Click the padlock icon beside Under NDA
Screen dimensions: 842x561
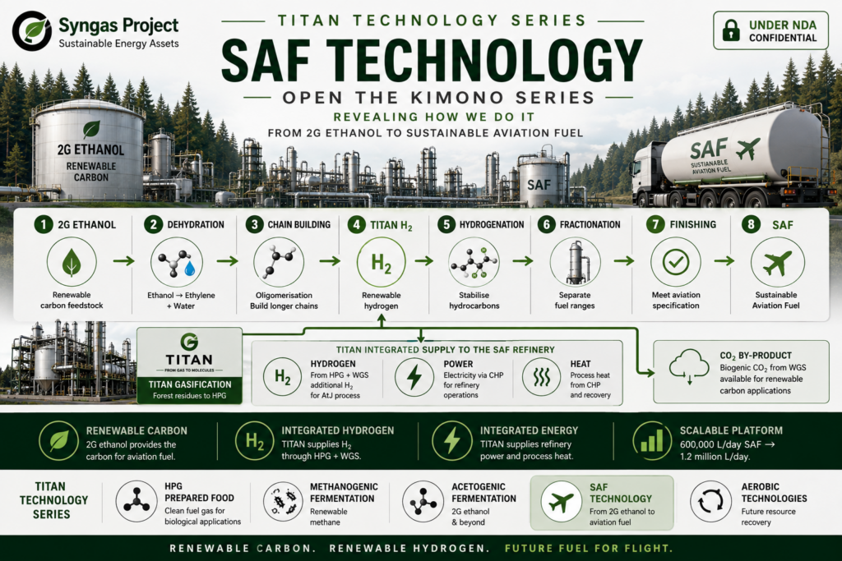pos(731,30)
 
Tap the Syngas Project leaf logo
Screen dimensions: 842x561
pos(32,30)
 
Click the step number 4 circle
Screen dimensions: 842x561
pos(356,224)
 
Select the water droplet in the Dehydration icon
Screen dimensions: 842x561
pos(190,268)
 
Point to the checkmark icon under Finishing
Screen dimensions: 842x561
pos(676,262)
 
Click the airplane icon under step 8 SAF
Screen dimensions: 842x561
pos(777,262)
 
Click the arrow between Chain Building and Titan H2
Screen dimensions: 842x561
pos(330,261)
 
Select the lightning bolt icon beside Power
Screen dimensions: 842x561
pos(414,376)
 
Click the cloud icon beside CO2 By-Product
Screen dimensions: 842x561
pos(688,366)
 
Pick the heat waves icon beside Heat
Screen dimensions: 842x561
pos(541,377)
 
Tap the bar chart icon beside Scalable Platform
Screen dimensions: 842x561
pos(651,441)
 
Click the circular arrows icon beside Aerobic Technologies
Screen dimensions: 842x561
pos(710,502)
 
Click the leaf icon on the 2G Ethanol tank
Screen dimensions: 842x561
pos(91,129)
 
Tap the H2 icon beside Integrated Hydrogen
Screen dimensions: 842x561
pos(255,441)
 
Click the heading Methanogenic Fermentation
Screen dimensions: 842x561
pos(344,492)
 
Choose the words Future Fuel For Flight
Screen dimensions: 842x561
pos(589,548)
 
